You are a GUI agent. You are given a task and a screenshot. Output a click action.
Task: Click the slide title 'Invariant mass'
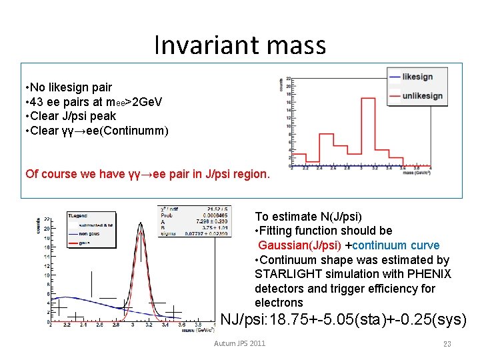[240, 45]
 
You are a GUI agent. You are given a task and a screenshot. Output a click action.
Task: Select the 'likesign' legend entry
[417, 77]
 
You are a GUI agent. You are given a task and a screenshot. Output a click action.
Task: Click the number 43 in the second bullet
[39, 101]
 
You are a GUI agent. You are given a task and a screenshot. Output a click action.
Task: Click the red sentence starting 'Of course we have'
[147, 174]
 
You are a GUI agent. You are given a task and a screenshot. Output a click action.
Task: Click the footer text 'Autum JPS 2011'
[239, 343]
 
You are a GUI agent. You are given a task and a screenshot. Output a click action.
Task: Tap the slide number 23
[447, 343]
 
